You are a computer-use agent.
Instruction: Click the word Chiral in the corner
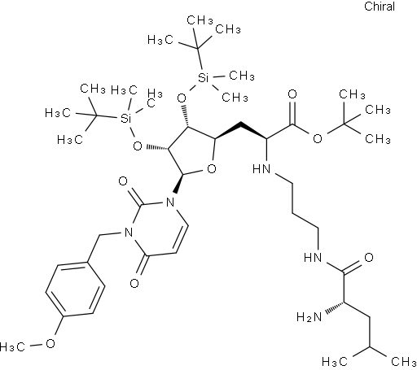(x=380, y=7)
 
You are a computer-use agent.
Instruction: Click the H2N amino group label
(x=309, y=316)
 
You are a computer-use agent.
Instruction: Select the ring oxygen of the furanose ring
(x=212, y=169)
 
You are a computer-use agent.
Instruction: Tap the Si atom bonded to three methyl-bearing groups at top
(x=203, y=78)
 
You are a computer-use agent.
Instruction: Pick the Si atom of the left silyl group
(x=125, y=118)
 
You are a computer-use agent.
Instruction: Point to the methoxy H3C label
(x=12, y=346)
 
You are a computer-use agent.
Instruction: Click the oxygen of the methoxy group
(x=50, y=343)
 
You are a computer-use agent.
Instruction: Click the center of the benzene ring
(x=75, y=289)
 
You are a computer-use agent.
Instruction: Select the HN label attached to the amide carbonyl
(x=313, y=257)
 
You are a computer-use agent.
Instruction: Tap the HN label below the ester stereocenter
(x=261, y=169)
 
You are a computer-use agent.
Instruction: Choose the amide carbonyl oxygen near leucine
(x=368, y=257)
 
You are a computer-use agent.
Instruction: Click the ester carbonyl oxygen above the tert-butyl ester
(x=292, y=94)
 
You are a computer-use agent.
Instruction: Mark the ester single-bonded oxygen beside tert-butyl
(x=318, y=138)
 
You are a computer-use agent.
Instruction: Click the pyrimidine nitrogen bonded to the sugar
(x=170, y=202)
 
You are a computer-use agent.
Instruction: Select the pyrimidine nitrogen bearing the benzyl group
(x=128, y=233)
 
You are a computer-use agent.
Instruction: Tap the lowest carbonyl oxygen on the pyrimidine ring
(x=134, y=284)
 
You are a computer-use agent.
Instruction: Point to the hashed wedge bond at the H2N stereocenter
(x=335, y=308)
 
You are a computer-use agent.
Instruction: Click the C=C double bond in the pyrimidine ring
(x=182, y=239)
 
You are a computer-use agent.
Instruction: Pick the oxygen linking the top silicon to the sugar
(x=182, y=98)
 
